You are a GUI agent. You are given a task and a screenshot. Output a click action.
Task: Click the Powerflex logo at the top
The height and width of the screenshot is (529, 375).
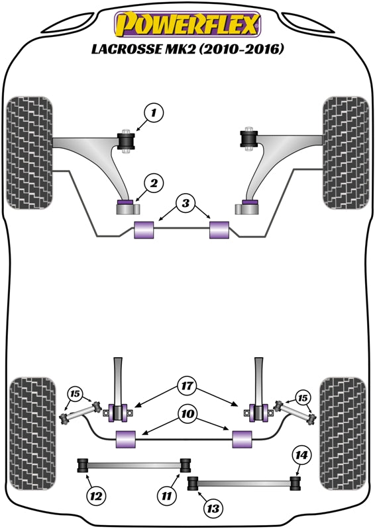[187, 25]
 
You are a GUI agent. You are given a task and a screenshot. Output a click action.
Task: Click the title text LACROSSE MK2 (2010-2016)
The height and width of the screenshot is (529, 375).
[187, 48]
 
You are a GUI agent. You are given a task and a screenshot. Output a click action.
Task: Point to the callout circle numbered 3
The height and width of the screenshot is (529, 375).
[186, 202]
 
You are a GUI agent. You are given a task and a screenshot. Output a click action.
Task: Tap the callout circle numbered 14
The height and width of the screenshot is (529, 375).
[301, 455]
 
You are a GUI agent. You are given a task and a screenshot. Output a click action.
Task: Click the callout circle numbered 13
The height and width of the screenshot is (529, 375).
[214, 508]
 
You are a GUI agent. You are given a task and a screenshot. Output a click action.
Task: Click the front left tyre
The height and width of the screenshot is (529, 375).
[30, 153]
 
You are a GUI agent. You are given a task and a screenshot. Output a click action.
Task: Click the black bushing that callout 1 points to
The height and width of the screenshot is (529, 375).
[125, 140]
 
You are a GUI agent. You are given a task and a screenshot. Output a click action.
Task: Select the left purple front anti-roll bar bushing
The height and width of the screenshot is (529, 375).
[144, 231]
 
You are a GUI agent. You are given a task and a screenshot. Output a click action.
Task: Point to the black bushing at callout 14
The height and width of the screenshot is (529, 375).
[296, 479]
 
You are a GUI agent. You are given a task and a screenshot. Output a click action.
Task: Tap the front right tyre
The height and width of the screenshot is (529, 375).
[345, 153]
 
